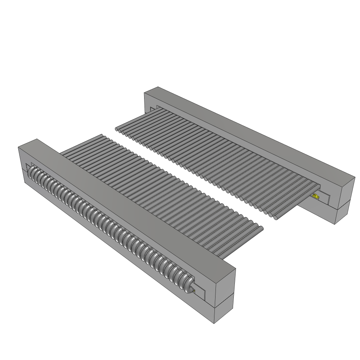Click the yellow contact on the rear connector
[315, 197]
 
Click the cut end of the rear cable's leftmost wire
[118, 130]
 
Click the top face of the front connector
[127, 204]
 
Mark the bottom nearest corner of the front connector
[214, 323]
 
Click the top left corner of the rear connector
[145, 93]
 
